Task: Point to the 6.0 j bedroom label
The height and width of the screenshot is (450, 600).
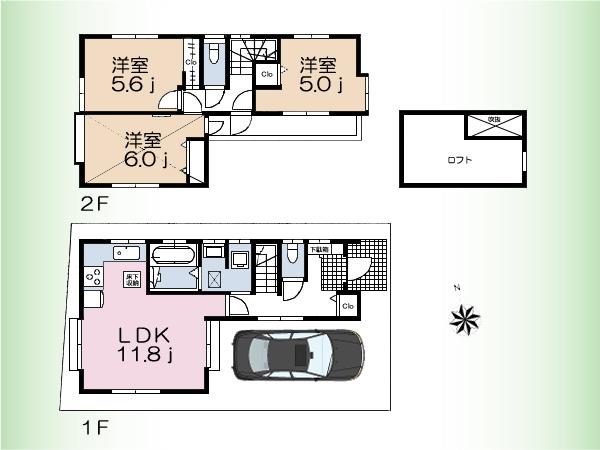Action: coord(145,149)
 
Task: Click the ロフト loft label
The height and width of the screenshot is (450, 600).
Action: coord(459,160)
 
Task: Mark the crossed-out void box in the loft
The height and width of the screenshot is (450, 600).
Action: coord(493,127)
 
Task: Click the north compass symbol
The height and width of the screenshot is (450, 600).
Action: coord(464,319)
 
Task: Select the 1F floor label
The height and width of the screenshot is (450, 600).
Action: coord(95,429)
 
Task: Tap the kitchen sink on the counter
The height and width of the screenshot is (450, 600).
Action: coord(119,251)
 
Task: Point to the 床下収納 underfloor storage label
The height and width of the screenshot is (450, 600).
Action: coord(131,279)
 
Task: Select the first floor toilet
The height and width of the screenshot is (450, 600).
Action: coord(291,257)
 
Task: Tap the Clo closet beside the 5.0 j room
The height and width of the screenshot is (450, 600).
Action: coord(267,74)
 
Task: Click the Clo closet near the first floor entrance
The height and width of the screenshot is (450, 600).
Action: coord(347,305)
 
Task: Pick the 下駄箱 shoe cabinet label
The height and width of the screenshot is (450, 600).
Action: coord(318,250)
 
